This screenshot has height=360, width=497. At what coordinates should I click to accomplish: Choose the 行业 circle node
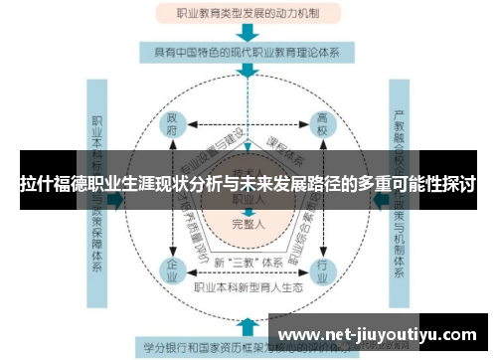320,269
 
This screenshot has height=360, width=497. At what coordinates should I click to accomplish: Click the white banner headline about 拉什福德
248,185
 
